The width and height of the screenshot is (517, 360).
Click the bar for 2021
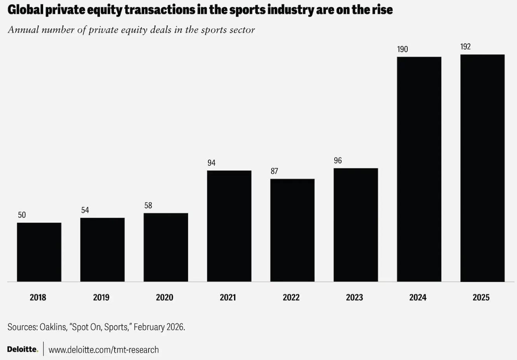tap(229, 226)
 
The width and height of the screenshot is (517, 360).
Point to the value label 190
tap(402, 49)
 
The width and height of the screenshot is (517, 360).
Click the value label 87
tap(274, 171)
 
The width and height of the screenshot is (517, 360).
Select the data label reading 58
tap(148, 206)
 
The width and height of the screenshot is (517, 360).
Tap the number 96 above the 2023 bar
tap(338, 161)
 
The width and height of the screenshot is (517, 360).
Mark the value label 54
tap(85, 210)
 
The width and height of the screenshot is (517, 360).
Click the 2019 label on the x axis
tap(101, 297)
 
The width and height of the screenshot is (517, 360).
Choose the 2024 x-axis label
tap(418, 297)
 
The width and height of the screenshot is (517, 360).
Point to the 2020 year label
tap(164, 297)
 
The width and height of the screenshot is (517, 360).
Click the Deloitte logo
tap(23, 349)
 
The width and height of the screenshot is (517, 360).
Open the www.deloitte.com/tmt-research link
tap(103, 350)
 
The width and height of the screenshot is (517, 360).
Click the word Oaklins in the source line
tap(53, 327)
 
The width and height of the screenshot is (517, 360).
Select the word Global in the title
tap(25, 10)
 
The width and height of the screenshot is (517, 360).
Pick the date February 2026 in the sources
tap(159, 327)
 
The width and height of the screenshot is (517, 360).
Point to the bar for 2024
tap(419, 169)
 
